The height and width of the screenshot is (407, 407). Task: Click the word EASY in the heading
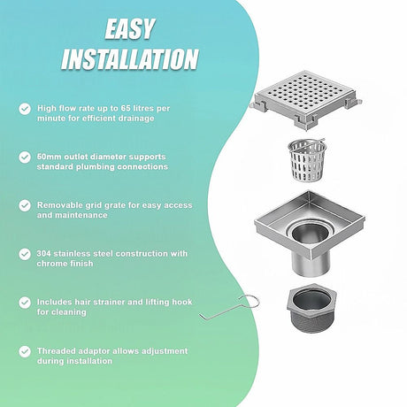129,29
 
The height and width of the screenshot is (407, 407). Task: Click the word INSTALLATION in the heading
129,59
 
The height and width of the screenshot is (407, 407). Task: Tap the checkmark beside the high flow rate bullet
25,109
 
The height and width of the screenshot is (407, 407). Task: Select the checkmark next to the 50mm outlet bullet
25,157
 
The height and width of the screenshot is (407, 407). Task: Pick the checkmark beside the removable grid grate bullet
25,205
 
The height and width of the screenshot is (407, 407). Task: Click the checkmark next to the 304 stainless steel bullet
25,254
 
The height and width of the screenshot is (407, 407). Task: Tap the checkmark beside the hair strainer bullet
25,303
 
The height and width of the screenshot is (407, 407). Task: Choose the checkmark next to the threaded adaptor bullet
25,351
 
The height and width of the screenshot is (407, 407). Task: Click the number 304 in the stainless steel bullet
43,253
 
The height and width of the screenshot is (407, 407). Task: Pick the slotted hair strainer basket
307,159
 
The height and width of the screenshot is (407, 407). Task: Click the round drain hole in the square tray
310,233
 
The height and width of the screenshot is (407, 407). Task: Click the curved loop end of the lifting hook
250,301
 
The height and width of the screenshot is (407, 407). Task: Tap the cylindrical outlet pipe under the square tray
311,264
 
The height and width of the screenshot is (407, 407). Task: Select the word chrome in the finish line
50,264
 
